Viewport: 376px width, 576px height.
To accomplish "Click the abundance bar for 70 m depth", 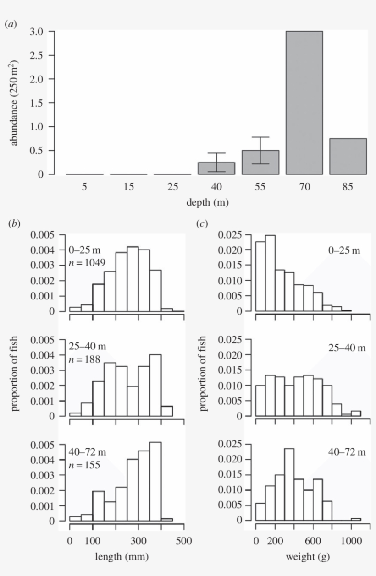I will [304, 103].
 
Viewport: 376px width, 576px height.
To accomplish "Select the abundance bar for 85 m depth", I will [348, 156].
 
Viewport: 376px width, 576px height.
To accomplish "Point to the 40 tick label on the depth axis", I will [216, 187].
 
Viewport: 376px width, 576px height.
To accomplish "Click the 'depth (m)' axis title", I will [208, 201].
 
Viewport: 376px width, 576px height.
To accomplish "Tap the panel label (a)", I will [10, 24].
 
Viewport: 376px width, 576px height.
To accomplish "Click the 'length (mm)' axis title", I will [122, 557].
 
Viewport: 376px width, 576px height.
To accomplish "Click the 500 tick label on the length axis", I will [184, 540].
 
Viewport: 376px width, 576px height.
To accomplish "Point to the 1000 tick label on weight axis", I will [351, 540].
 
